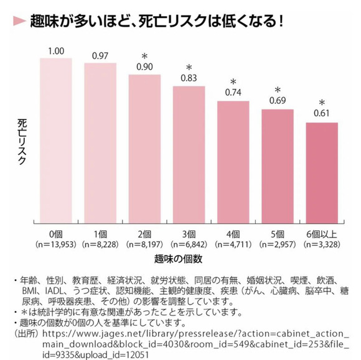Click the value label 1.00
(x=57, y=50)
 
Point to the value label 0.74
(x=233, y=93)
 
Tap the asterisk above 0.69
(x=278, y=90)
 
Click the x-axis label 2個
(x=145, y=234)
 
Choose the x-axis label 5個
(x=278, y=234)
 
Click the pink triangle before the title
(x=19, y=21)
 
